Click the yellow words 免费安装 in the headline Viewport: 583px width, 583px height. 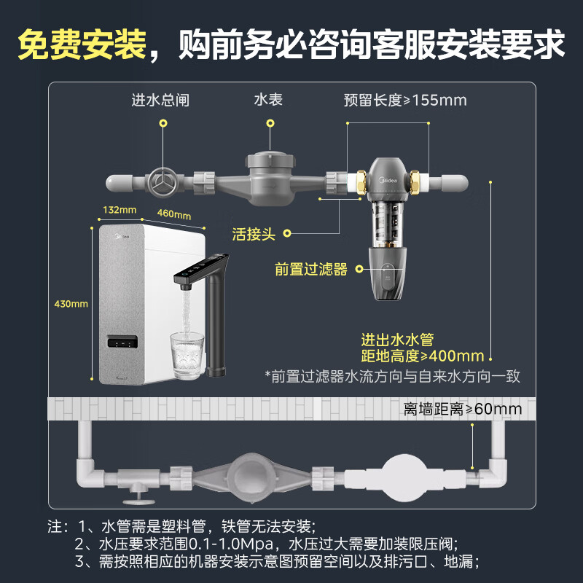(81, 44)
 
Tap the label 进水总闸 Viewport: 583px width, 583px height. (160, 100)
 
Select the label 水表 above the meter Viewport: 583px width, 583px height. (268, 100)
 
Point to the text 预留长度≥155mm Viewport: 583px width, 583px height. (405, 100)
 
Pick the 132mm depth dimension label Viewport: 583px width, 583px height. (120, 210)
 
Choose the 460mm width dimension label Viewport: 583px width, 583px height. (173, 214)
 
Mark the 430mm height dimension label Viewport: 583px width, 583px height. (70, 302)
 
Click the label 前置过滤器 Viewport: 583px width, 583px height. (311, 269)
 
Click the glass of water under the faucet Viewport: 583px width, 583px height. (187, 355)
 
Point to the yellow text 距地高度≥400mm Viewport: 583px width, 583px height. (423, 356)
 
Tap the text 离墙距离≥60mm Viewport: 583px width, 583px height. (462, 409)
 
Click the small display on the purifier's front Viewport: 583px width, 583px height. (122, 342)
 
